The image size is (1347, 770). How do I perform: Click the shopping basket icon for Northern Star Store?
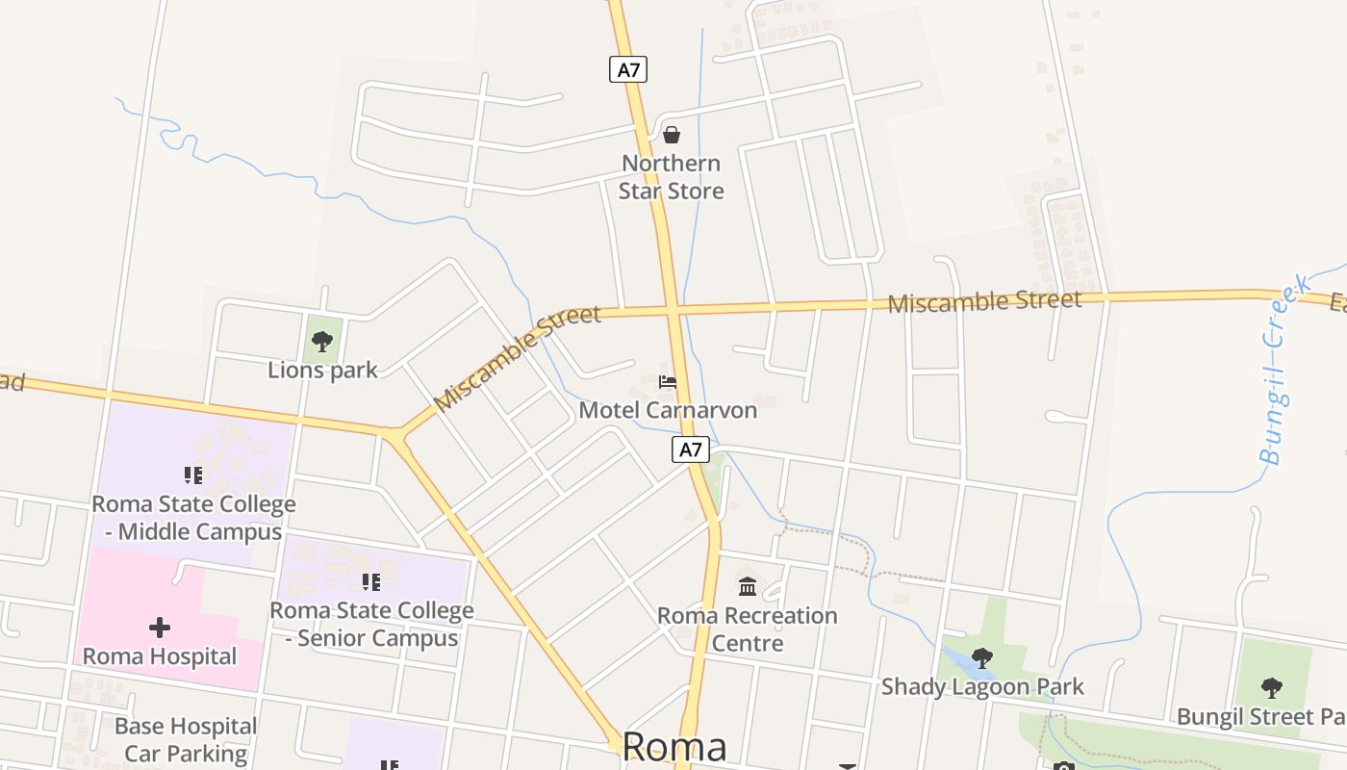672,135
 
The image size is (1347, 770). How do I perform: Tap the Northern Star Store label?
671,177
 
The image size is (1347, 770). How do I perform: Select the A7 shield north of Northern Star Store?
627,69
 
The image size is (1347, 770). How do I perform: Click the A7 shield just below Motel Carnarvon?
690,449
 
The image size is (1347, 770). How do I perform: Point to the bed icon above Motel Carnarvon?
668,382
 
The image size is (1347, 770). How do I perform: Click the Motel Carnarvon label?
668,410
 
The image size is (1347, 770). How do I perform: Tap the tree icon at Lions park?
322,341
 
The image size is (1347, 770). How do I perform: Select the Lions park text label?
322,370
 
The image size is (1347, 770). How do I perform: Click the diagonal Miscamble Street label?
517,357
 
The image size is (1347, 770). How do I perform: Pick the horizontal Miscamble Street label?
984,302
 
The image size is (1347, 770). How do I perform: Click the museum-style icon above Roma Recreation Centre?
748,585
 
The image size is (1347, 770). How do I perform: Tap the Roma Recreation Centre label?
748,629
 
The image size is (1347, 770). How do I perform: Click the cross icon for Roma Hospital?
160,629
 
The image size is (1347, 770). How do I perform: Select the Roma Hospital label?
160,656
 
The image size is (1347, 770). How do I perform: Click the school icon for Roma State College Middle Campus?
193,475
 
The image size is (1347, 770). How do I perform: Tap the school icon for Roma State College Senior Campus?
371,582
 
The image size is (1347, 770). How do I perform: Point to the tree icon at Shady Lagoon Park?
982,658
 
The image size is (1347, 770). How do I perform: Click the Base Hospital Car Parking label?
186,739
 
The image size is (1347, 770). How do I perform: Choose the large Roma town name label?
674,747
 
